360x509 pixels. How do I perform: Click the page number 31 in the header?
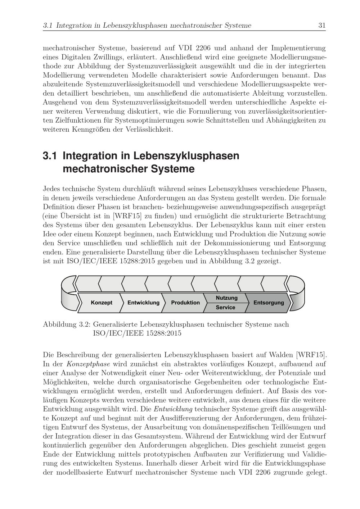tap(322, 26)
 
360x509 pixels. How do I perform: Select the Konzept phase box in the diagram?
tap(101, 303)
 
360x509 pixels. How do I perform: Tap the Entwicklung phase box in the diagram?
tap(143, 303)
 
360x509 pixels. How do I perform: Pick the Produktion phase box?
tap(185, 303)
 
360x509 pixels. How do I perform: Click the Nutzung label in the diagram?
tap(226, 298)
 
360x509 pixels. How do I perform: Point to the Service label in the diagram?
tap(225, 308)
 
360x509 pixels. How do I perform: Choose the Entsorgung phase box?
tap(269, 303)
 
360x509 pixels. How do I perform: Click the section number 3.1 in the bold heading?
tap(50, 156)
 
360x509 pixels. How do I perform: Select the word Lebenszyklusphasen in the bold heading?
tap(186, 156)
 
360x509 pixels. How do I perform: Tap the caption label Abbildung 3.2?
tap(66, 324)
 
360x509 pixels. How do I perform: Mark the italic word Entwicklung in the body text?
tap(173, 409)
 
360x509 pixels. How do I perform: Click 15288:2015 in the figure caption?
tap(164, 333)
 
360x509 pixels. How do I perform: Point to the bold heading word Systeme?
tap(173, 169)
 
